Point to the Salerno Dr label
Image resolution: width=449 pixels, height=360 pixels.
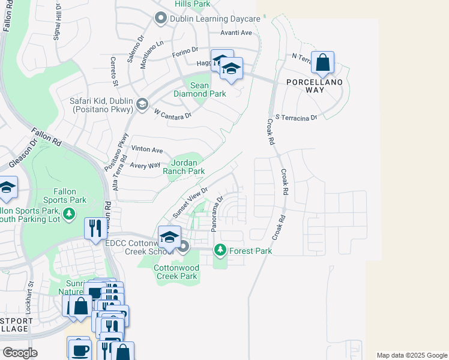coord(134,45)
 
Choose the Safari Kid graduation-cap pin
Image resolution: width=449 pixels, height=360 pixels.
coord(142,104)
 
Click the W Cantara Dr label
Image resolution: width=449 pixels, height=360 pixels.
coord(172,113)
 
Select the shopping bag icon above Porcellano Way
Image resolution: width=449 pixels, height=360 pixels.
coord(322,62)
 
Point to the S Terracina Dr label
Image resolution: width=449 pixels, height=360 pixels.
coord(296,118)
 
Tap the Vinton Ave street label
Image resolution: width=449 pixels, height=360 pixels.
coord(147,149)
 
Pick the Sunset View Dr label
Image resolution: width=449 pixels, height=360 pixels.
coord(190,203)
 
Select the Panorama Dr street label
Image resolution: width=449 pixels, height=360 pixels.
coord(217,214)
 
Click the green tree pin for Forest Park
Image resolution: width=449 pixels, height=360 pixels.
coord(220,250)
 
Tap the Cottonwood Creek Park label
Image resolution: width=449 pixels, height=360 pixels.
coord(176,272)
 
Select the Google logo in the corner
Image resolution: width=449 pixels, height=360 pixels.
coord(20,352)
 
